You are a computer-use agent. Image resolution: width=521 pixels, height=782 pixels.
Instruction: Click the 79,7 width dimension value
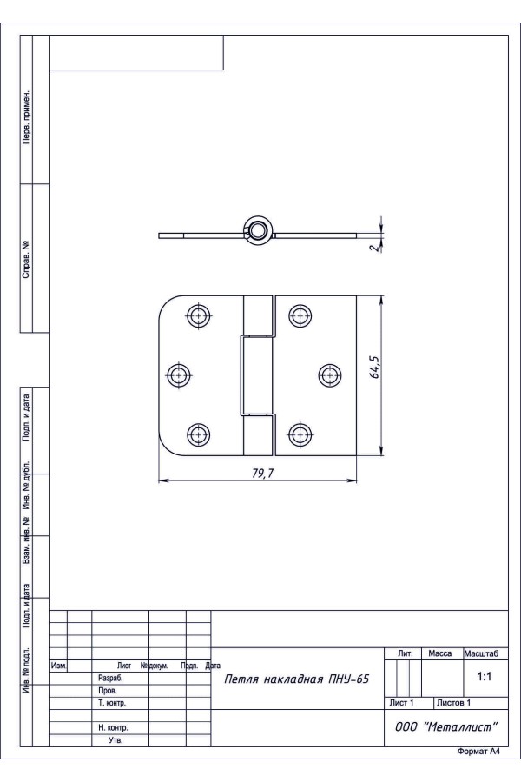click(x=263, y=473)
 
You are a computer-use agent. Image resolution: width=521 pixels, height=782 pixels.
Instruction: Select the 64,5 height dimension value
click(x=375, y=367)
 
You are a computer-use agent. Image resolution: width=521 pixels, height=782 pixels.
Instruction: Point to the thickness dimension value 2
click(x=374, y=247)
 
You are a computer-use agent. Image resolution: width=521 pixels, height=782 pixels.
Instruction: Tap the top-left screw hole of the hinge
click(x=199, y=315)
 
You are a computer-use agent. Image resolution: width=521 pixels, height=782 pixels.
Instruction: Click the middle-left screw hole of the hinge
click(x=179, y=375)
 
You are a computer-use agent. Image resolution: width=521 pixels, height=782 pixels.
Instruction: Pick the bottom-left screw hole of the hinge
click(x=199, y=434)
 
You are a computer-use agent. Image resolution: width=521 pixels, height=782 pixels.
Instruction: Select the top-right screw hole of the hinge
click(x=300, y=315)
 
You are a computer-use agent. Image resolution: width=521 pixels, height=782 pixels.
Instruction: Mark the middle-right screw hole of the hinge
click(x=330, y=375)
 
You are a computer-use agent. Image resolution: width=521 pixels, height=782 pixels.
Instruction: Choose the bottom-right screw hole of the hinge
click(x=300, y=434)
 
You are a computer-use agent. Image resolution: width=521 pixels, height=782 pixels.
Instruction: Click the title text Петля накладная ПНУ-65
click(x=297, y=679)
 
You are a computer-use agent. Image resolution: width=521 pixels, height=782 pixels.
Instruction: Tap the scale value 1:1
click(x=485, y=676)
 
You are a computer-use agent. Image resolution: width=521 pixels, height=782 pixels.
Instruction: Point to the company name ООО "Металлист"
click(x=446, y=726)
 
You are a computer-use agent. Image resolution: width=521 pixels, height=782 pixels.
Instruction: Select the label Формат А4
click(x=478, y=752)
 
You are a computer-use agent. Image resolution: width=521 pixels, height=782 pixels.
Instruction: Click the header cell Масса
click(x=439, y=653)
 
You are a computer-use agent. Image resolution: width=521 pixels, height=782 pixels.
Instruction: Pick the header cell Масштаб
click(x=481, y=653)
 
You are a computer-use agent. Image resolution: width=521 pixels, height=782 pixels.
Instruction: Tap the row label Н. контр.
click(x=113, y=727)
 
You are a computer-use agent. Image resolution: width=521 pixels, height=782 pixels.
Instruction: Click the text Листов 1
click(x=453, y=703)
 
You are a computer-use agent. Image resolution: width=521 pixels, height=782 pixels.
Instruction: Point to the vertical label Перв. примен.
click(x=26, y=117)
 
